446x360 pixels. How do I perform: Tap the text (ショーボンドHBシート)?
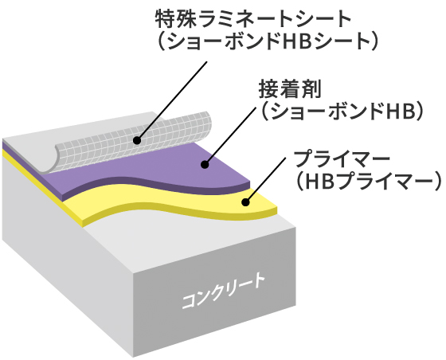pyautogui.click(x=268, y=41)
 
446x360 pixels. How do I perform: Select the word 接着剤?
pyautogui.click(x=290, y=89)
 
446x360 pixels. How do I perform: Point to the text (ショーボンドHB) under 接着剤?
pyautogui.click(x=342, y=112)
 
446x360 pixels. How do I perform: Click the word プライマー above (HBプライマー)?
pyautogui.click(x=342, y=159)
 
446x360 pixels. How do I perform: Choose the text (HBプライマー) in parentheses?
pyautogui.click(x=367, y=182)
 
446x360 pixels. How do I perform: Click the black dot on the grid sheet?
pyautogui.click(x=137, y=140)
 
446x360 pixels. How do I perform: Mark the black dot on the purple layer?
pyautogui.click(x=205, y=164)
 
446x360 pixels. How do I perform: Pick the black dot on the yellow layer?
pyautogui.click(x=245, y=202)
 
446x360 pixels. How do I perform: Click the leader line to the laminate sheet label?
pyautogui.click(x=171, y=100)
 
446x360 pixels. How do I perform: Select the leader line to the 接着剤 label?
pyautogui.click(x=230, y=135)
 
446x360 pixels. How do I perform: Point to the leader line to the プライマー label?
pyautogui.click(x=265, y=180)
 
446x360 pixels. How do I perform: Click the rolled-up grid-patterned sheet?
pyautogui.click(x=134, y=143)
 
